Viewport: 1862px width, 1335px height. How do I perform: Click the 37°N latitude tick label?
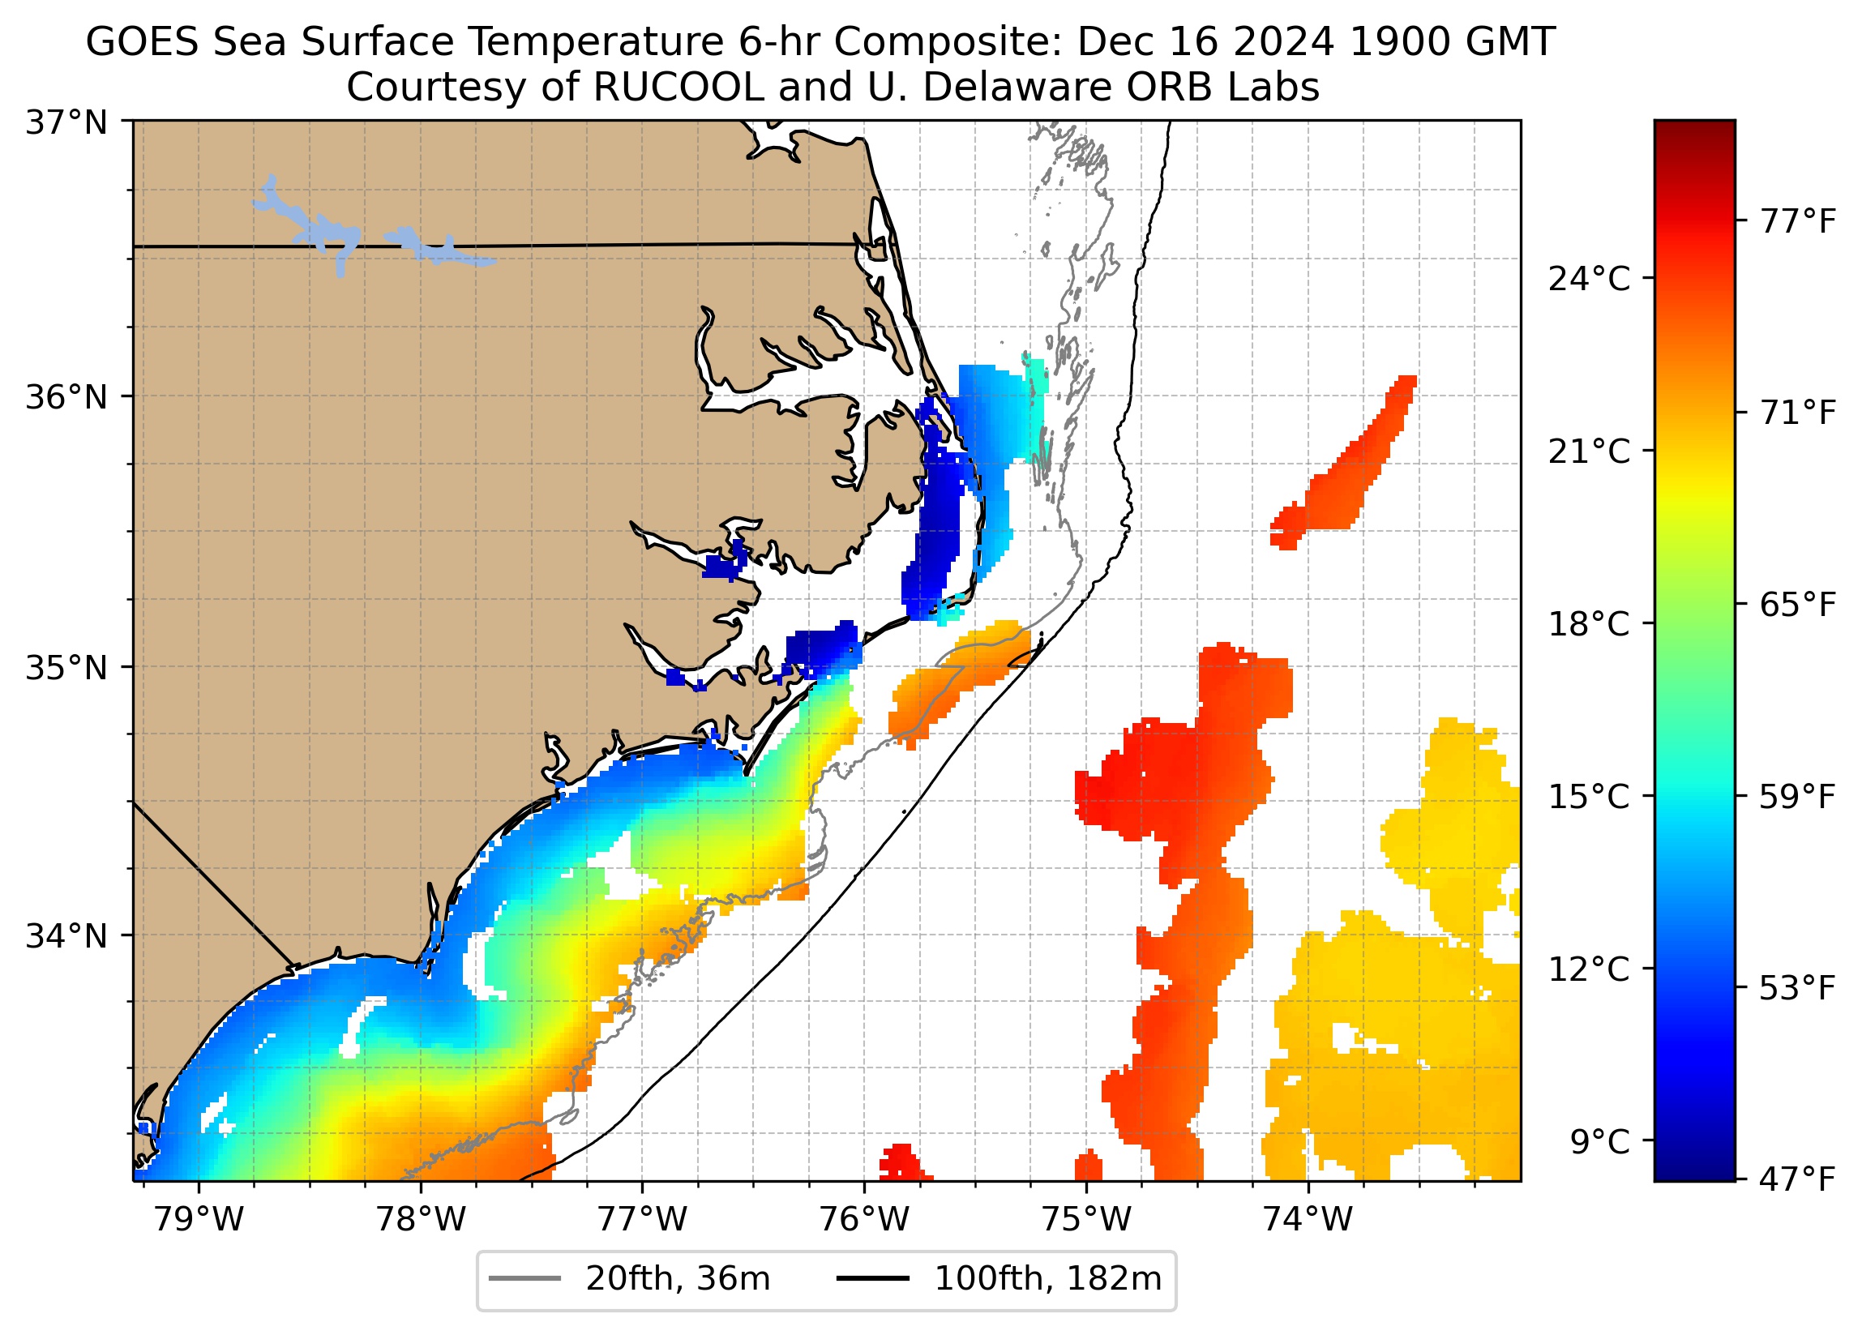[66, 123]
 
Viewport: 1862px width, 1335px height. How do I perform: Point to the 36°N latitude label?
[66, 397]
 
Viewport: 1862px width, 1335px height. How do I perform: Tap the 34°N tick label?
[66, 936]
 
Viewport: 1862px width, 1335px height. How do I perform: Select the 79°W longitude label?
[199, 1220]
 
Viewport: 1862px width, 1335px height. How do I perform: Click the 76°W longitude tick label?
[864, 1220]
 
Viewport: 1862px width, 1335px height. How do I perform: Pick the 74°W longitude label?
[1307, 1220]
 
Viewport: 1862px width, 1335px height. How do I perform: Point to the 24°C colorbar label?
[1589, 280]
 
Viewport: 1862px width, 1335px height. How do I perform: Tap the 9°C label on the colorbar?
[1599, 1142]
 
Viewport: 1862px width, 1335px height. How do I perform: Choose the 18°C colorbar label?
[1589, 625]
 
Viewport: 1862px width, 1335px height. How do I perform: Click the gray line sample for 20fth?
[524, 1279]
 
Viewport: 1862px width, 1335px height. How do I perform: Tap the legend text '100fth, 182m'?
[1047, 1279]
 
